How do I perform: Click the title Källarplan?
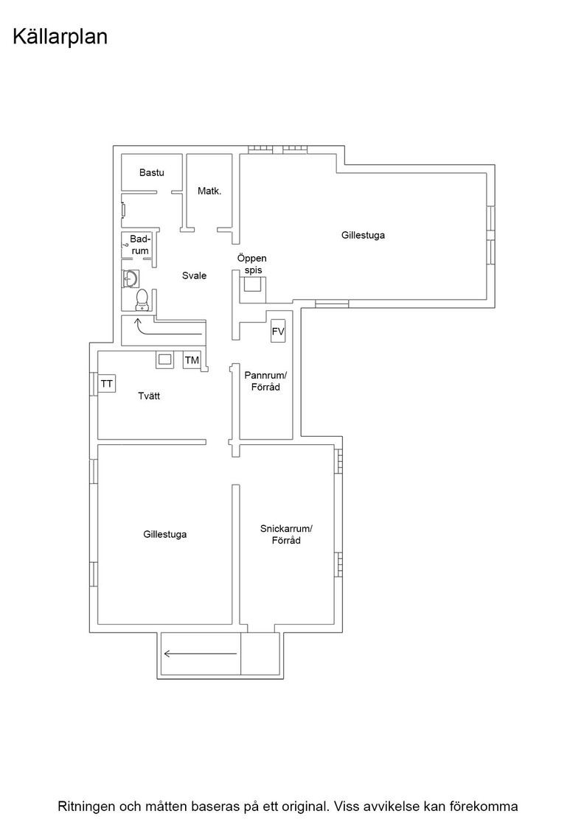(x=60, y=38)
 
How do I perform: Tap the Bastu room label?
(x=152, y=172)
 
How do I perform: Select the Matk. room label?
(x=209, y=191)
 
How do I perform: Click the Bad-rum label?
(x=140, y=245)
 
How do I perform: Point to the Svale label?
(x=195, y=275)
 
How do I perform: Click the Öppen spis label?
(x=251, y=264)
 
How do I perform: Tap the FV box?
(x=278, y=331)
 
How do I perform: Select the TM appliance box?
(x=192, y=360)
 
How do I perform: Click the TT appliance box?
(x=107, y=384)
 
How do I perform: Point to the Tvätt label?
(x=149, y=396)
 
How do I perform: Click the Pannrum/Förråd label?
(x=265, y=382)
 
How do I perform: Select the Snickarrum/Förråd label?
(x=286, y=535)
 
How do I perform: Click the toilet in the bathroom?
(x=141, y=301)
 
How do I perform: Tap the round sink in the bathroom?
(x=131, y=279)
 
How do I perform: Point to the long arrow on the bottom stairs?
(x=201, y=654)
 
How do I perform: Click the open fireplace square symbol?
(x=253, y=284)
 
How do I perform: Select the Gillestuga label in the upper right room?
(x=363, y=235)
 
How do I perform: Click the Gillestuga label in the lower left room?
(x=165, y=535)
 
